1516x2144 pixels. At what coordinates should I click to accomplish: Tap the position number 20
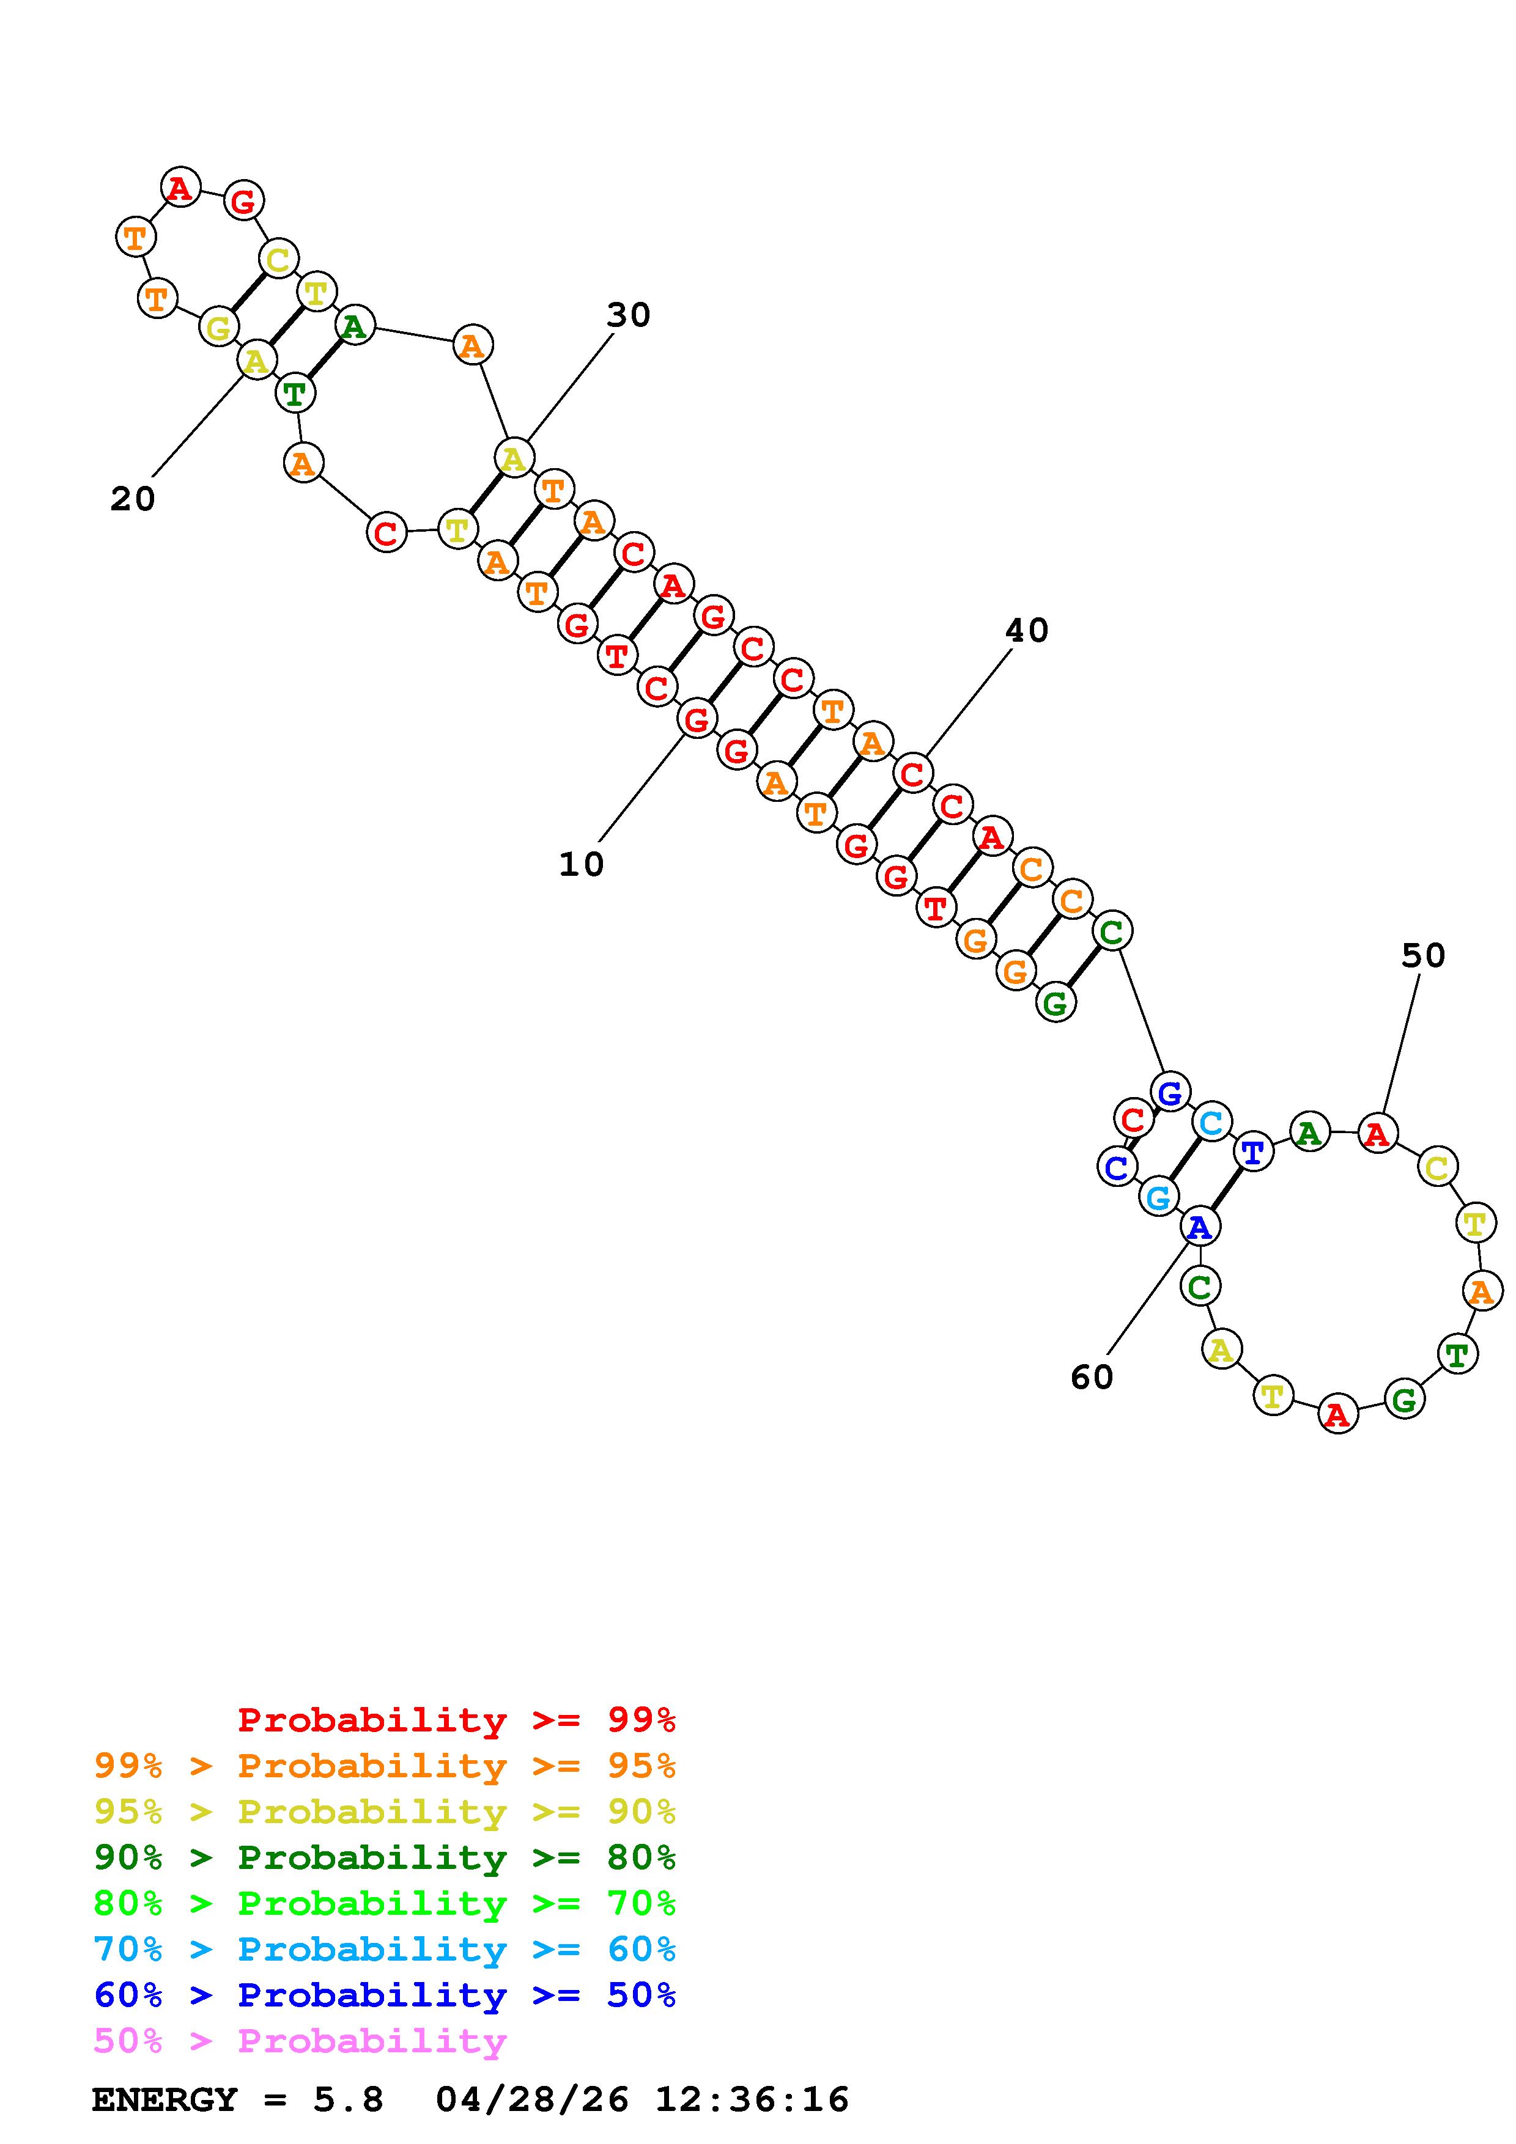click(x=133, y=499)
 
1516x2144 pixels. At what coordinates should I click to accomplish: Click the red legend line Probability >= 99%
click(x=457, y=1719)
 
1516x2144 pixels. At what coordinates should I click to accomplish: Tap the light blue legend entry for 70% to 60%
click(x=385, y=1949)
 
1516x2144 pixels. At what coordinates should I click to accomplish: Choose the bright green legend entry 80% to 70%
click(x=385, y=1903)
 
